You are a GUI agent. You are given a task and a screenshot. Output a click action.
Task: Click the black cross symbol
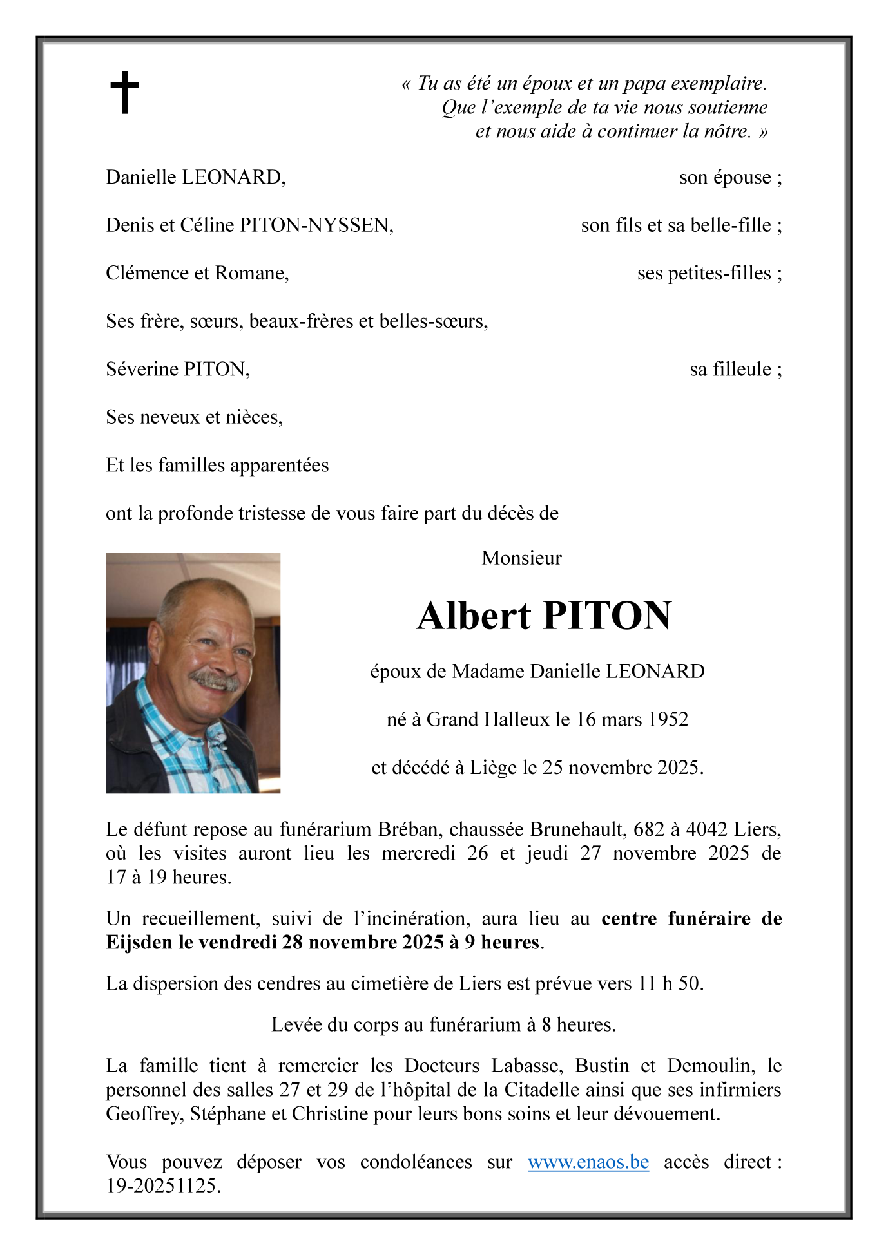coord(124,92)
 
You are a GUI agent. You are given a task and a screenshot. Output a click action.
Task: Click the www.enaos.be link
coord(588,1162)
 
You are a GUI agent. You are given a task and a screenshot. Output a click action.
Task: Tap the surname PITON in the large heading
coord(608,616)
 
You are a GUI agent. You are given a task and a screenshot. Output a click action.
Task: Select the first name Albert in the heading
coord(474,616)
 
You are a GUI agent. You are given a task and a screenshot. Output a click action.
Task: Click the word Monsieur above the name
coord(521,558)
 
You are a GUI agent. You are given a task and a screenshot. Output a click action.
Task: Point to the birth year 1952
coord(668,719)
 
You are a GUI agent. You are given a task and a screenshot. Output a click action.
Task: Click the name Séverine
coord(142,369)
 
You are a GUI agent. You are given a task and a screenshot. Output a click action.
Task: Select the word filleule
coord(730,370)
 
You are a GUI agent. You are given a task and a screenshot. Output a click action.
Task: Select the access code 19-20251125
coord(163,1185)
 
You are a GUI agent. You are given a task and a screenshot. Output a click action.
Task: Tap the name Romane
coord(251,273)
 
